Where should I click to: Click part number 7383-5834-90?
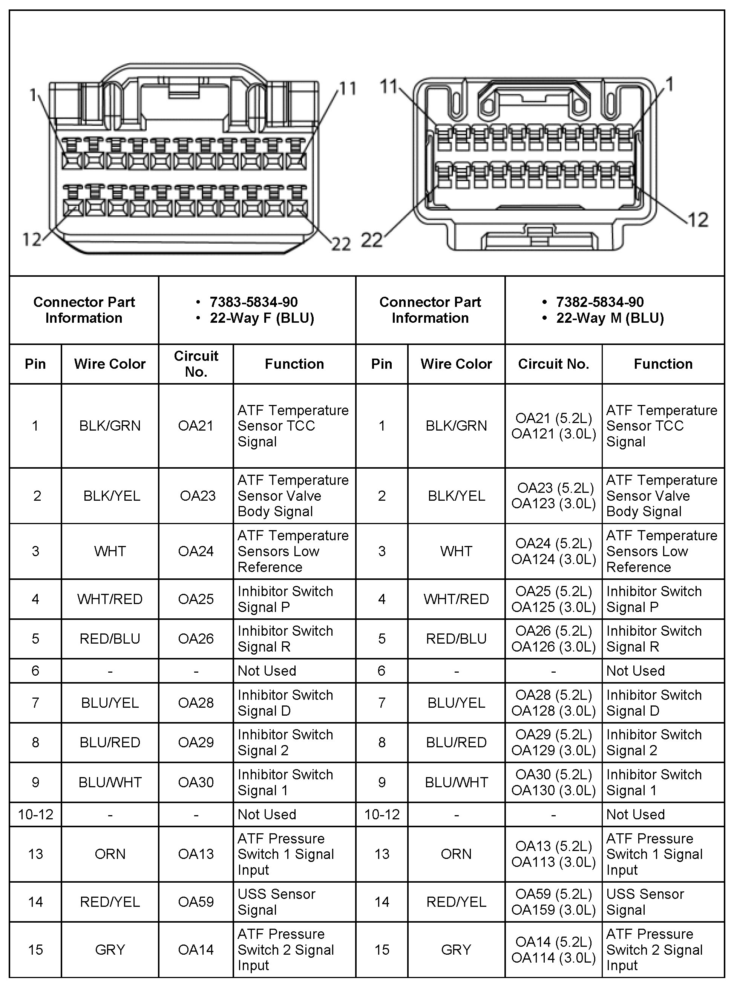click(253, 302)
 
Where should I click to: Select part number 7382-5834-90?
click(599, 302)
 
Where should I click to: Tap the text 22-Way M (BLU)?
click(610, 318)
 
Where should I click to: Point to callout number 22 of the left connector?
click(341, 244)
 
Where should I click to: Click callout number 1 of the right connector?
click(670, 84)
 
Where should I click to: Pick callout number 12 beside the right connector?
click(697, 219)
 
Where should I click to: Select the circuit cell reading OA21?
click(196, 426)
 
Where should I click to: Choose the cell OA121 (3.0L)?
click(553, 434)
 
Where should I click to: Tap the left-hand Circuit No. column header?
click(196, 364)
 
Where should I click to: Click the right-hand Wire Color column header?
click(456, 364)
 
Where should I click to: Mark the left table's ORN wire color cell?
click(110, 854)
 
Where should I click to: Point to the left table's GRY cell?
click(110, 949)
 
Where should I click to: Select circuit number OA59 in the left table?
click(196, 902)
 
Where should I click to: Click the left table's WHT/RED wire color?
click(110, 599)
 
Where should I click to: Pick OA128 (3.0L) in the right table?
click(553, 711)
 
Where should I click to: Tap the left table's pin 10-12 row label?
click(35, 814)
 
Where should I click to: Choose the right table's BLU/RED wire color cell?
click(456, 742)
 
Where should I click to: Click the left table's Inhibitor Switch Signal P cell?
click(285, 599)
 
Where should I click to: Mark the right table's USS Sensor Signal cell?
click(645, 902)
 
